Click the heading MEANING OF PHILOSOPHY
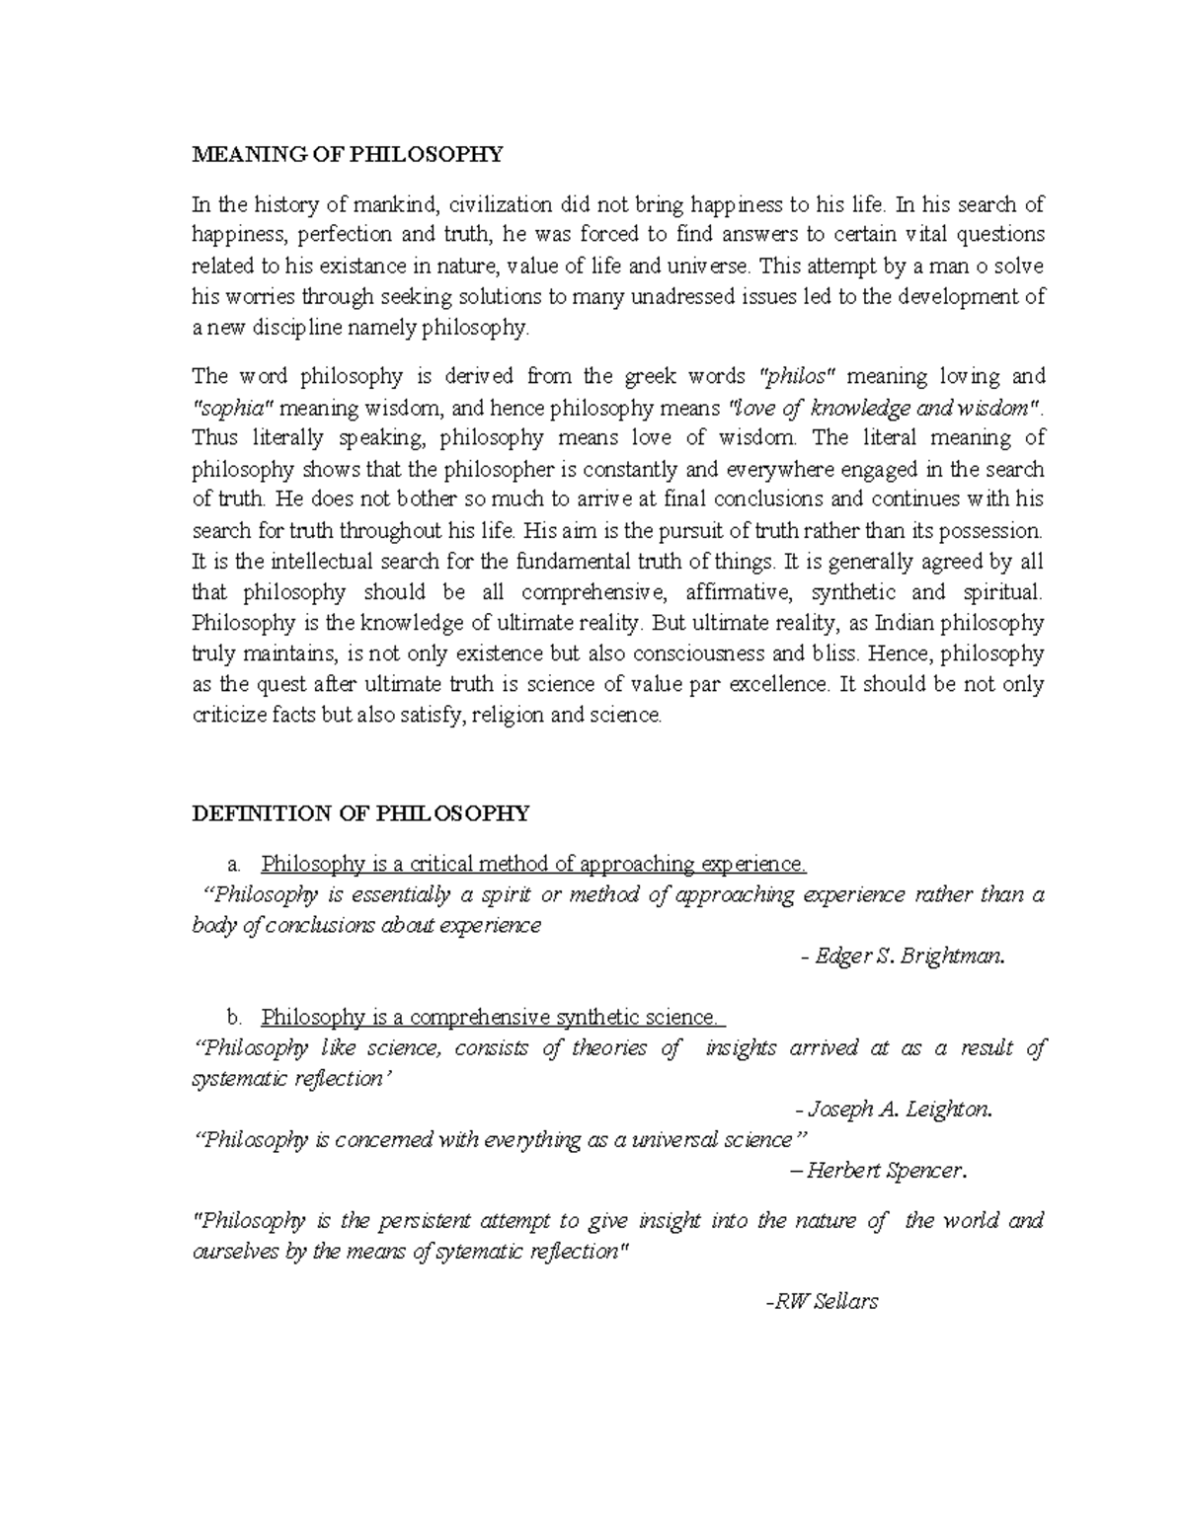pyautogui.click(x=347, y=154)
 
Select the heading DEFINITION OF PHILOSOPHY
pyautogui.click(x=359, y=813)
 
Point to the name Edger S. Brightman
pyautogui.click(x=903, y=957)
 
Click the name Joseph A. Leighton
pyautogui.click(x=893, y=1110)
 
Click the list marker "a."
pyautogui.click(x=233, y=866)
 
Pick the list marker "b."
pyautogui.click(x=233, y=1018)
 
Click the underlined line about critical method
pyautogui.click(x=533, y=866)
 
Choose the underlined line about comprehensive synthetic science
pyautogui.click(x=492, y=1018)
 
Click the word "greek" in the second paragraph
pyautogui.click(x=643, y=377)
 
